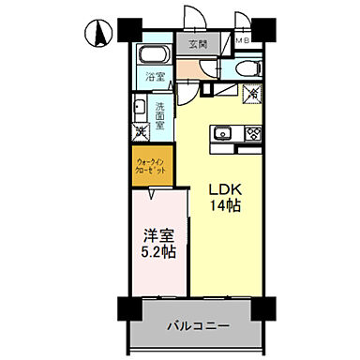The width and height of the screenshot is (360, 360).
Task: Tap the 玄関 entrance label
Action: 197,44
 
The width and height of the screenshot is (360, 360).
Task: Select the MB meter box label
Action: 242,41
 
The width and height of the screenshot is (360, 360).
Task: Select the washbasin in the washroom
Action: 138,107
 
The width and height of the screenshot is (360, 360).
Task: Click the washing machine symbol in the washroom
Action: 139,132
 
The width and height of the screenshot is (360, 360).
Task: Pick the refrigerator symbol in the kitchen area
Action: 250,94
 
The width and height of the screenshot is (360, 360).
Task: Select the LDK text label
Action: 224,187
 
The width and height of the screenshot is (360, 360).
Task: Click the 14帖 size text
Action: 224,204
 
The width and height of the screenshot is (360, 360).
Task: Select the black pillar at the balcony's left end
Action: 127,310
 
